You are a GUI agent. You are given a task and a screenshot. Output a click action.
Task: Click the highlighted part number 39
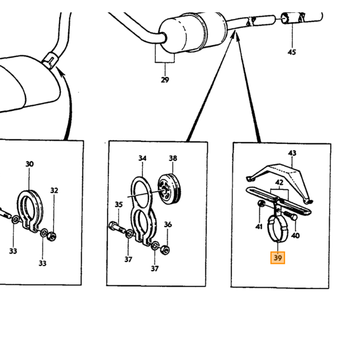click(x=278, y=258)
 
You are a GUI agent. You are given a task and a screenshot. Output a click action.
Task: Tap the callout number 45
click(x=292, y=52)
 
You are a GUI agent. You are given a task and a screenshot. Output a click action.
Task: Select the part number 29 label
click(x=165, y=80)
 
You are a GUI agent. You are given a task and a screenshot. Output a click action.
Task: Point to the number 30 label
click(x=29, y=164)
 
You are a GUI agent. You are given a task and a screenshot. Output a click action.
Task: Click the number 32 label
click(x=54, y=190)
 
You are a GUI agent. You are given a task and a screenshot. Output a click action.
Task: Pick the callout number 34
click(x=142, y=158)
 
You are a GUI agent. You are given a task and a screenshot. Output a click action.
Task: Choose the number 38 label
click(x=173, y=158)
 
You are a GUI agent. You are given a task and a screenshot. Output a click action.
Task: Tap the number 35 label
click(x=119, y=204)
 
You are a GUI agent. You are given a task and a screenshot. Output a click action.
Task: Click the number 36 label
click(x=168, y=224)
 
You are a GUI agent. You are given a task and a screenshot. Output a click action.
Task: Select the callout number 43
click(x=292, y=153)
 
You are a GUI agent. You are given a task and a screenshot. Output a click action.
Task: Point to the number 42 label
click(x=279, y=183)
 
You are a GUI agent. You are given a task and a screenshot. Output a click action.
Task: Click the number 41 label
click(x=259, y=227)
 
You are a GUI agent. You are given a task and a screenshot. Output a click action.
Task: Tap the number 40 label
click(x=295, y=236)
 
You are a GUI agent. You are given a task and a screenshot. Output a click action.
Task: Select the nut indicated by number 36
click(x=165, y=249)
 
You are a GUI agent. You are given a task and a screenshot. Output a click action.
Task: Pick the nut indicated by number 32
click(x=52, y=236)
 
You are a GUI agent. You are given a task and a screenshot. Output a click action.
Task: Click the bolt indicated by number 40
click(x=291, y=216)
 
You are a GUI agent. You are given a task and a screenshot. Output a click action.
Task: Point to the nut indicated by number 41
click(x=261, y=203)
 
